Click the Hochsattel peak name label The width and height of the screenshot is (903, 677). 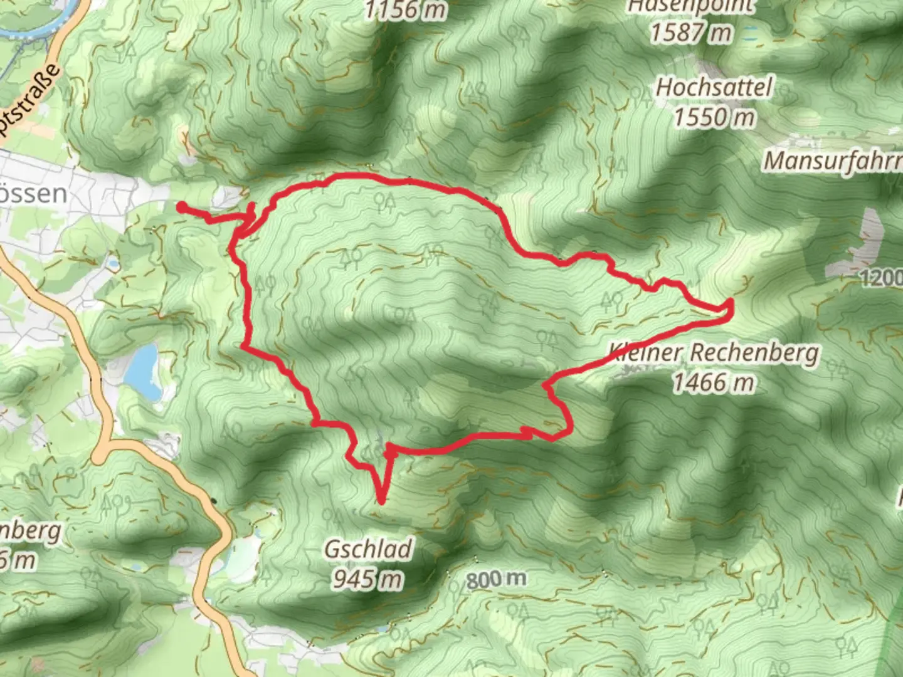(714, 88)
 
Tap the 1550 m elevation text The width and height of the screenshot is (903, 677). (714, 117)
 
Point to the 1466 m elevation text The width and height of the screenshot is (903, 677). (714, 382)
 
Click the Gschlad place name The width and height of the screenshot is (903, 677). (368, 550)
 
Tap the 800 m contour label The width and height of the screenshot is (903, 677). (496, 579)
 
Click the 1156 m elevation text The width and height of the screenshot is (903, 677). (406, 9)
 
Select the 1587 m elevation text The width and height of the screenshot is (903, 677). (690, 32)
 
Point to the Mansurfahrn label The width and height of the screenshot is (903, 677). (832, 162)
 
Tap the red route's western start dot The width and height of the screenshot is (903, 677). (181, 207)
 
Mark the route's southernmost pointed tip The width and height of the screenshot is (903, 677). (381, 501)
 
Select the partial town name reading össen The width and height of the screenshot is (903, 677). (34, 194)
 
